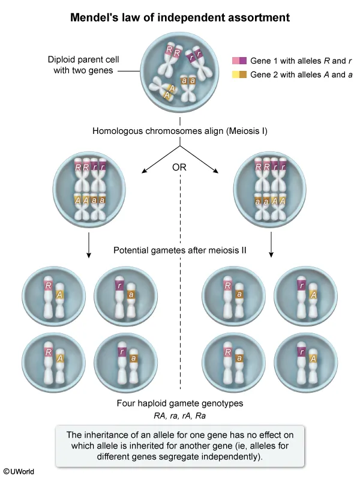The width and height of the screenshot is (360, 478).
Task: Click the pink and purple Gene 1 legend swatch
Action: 239,61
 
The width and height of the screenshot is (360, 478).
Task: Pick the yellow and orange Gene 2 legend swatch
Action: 239,74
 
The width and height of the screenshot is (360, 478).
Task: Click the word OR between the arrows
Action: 179,168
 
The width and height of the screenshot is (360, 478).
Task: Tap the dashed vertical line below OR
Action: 180,312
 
